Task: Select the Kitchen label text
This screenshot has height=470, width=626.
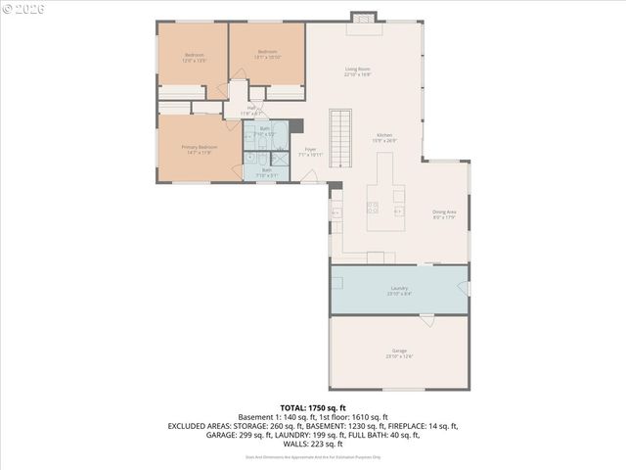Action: click(385, 137)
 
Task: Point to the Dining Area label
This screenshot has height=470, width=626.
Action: click(445, 214)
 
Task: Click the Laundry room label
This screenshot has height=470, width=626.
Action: click(398, 290)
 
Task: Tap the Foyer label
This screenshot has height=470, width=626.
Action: click(311, 152)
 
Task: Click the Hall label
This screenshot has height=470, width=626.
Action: click(251, 111)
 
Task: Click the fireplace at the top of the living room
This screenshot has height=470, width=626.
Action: click(363, 17)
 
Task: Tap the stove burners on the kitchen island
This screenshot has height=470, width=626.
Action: click(372, 207)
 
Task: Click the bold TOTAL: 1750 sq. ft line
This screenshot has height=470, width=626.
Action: click(313, 406)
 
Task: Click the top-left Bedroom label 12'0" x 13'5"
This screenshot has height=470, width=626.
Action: click(195, 57)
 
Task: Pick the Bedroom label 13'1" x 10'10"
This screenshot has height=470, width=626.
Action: click(268, 54)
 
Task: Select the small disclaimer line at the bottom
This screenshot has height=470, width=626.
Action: click(313, 456)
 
